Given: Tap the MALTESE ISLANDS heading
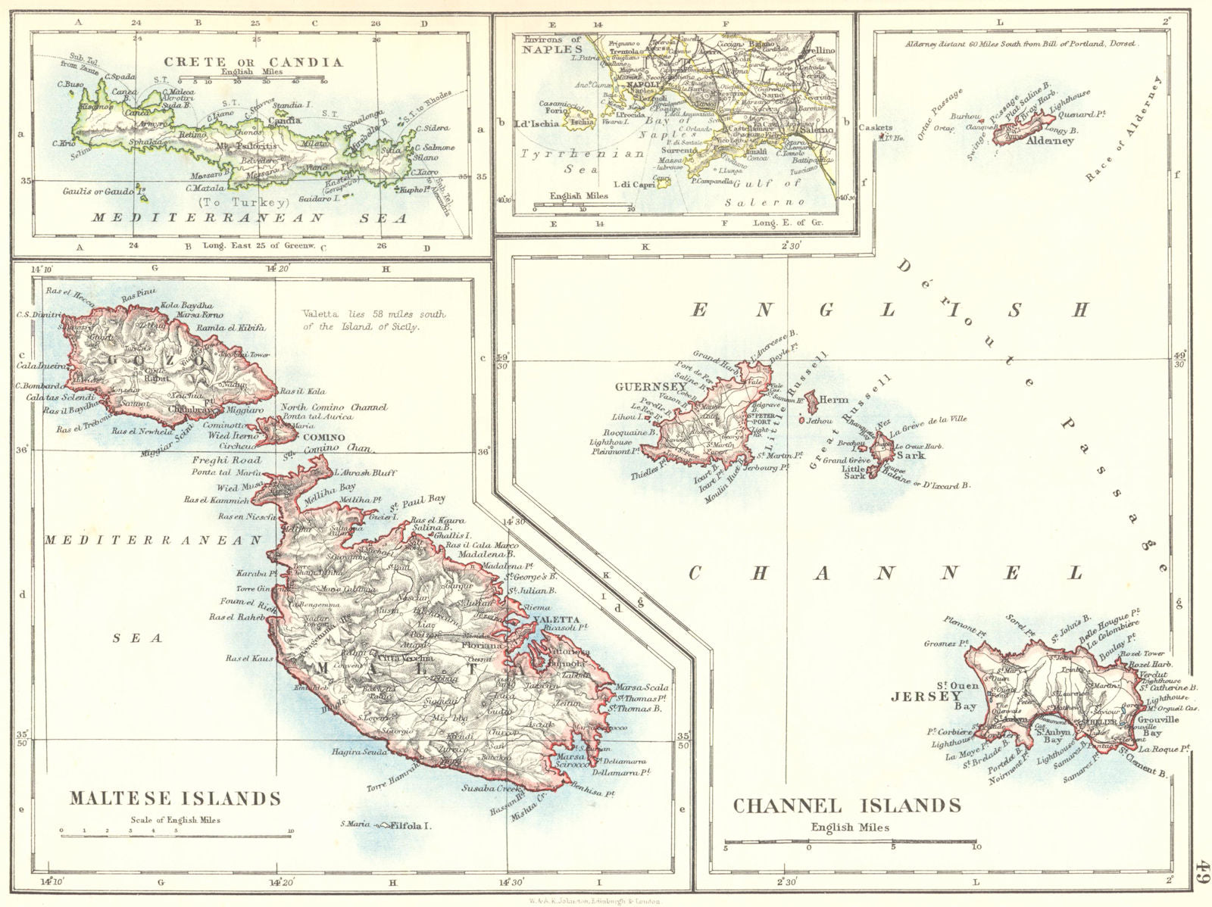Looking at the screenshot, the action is pos(175,798).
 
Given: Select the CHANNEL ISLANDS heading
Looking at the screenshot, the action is pos(847,805).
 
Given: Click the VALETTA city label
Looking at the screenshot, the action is pos(556,619).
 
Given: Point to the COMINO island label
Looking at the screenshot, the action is pos(323,438).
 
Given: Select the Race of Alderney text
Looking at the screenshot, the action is pos(1117,129).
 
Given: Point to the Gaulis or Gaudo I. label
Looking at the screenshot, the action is pos(98,192).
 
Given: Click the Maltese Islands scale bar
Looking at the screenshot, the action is pos(176,831).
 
